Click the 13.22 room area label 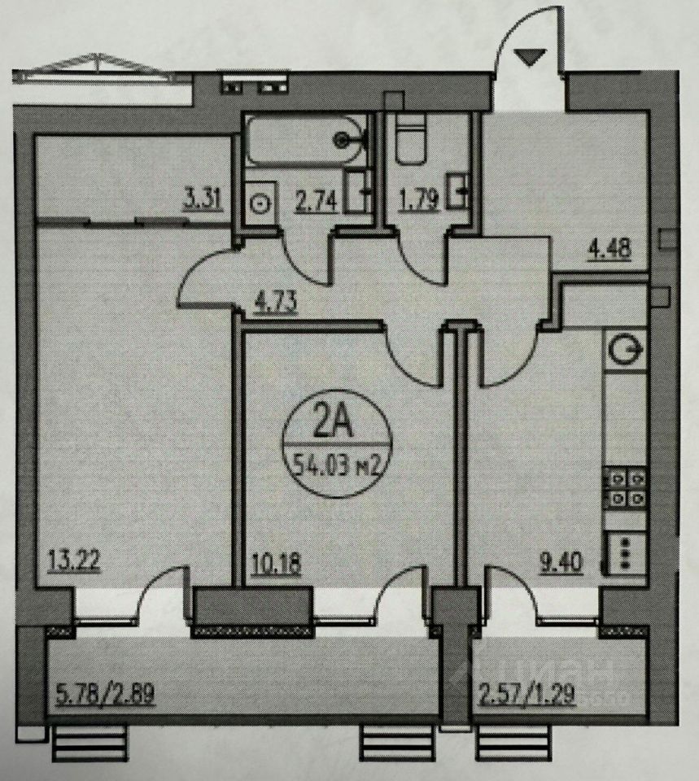(68, 561)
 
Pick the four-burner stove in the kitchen (625, 487)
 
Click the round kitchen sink (625, 351)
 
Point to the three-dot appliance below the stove (625, 552)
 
